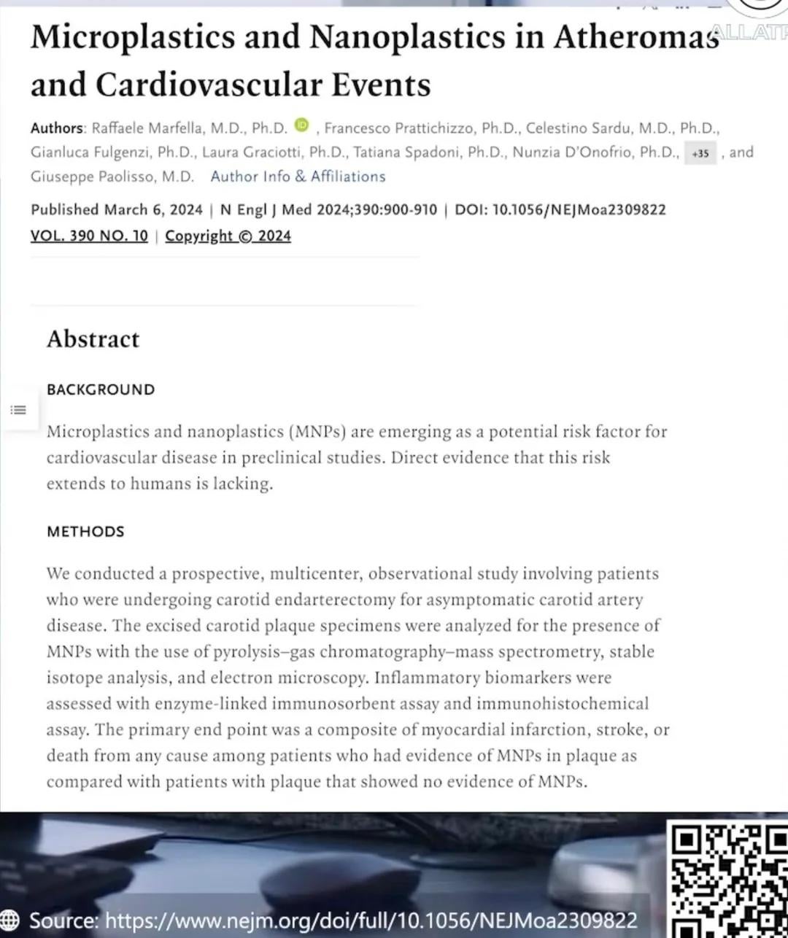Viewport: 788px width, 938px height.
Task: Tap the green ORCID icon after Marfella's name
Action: [301, 125]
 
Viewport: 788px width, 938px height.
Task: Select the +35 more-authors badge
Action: [700, 153]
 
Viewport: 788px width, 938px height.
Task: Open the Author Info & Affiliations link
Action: [298, 177]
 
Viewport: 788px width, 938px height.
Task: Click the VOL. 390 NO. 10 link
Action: [89, 236]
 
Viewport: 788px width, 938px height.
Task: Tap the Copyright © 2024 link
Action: [228, 236]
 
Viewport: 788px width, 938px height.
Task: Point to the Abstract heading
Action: [93, 339]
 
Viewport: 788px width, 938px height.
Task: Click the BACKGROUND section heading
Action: [101, 389]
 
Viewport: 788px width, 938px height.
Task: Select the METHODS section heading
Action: [85, 532]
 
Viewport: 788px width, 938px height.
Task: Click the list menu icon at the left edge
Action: [18, 410]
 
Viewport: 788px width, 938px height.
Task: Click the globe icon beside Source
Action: [10, 920]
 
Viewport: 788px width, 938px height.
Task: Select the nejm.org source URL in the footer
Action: [371, 920]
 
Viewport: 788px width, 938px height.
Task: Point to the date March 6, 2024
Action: [153, 210]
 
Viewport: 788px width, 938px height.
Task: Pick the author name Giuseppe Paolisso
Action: [112, 177]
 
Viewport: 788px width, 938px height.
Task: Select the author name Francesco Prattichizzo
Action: [398, 128]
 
